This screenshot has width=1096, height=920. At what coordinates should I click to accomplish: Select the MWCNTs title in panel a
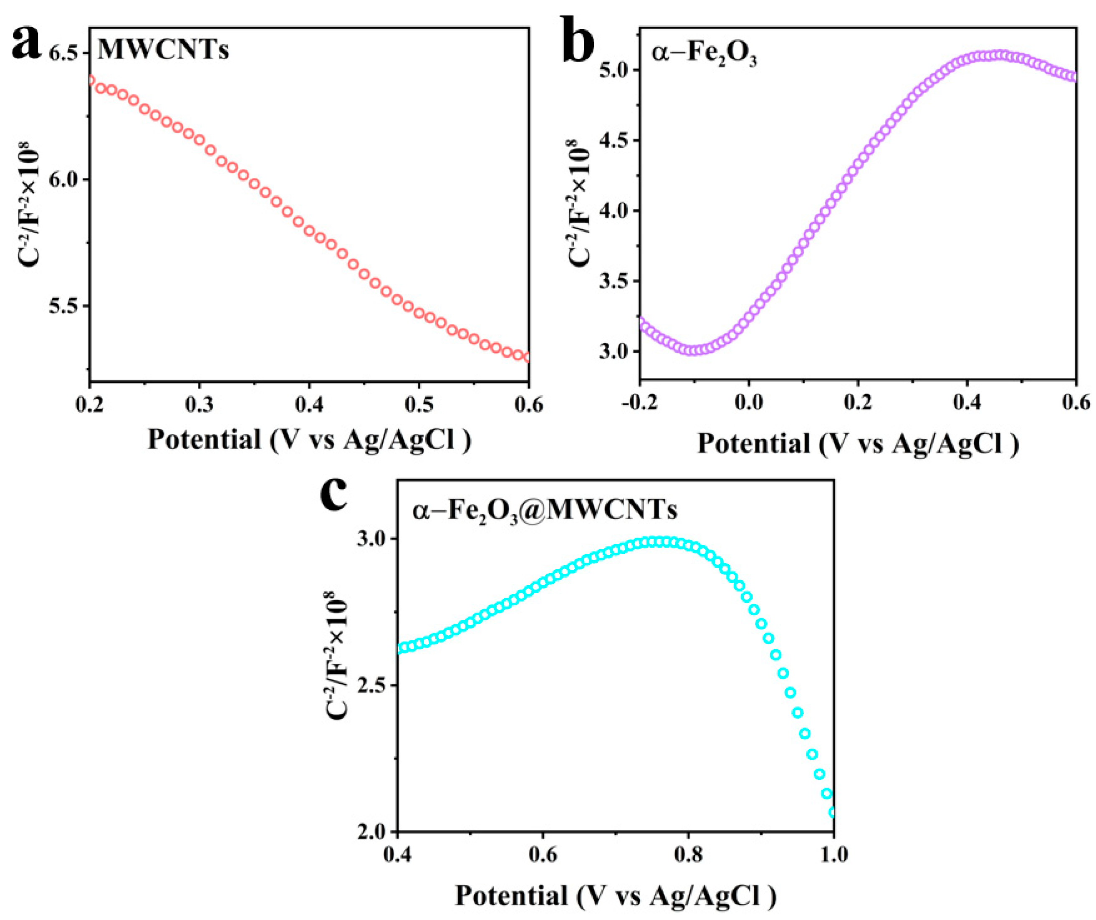(163, 51)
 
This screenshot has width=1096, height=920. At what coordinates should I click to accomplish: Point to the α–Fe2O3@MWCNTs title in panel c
(544, 510)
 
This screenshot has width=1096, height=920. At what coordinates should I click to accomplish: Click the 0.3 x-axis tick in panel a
(199, 405)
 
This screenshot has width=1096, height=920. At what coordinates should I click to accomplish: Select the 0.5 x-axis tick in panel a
(419, 405)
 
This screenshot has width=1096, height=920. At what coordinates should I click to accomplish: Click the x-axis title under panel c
(616, 895)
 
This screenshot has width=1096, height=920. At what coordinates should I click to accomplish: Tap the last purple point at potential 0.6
(1073, 77)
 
